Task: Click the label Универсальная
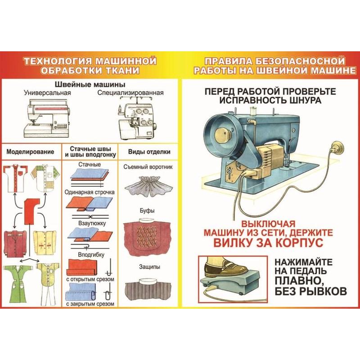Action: tap(48, 93)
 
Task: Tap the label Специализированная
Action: tap(130, 93)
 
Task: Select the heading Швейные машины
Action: tap(90, 84)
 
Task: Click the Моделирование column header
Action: tap(30, 152)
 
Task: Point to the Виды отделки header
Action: tap(149, 152)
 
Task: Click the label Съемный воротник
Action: tap(148, 167)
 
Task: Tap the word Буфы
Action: tap(147, 211)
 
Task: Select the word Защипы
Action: tap(149, 267)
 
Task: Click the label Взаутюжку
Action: tap(92, 223)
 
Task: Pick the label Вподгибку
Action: tap(91, 255)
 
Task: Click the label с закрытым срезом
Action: tap(90, 304)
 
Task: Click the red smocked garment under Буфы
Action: tap(147, 237)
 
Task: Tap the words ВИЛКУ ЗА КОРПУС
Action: tap(268, 242)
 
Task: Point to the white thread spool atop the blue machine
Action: tap(253, 112)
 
